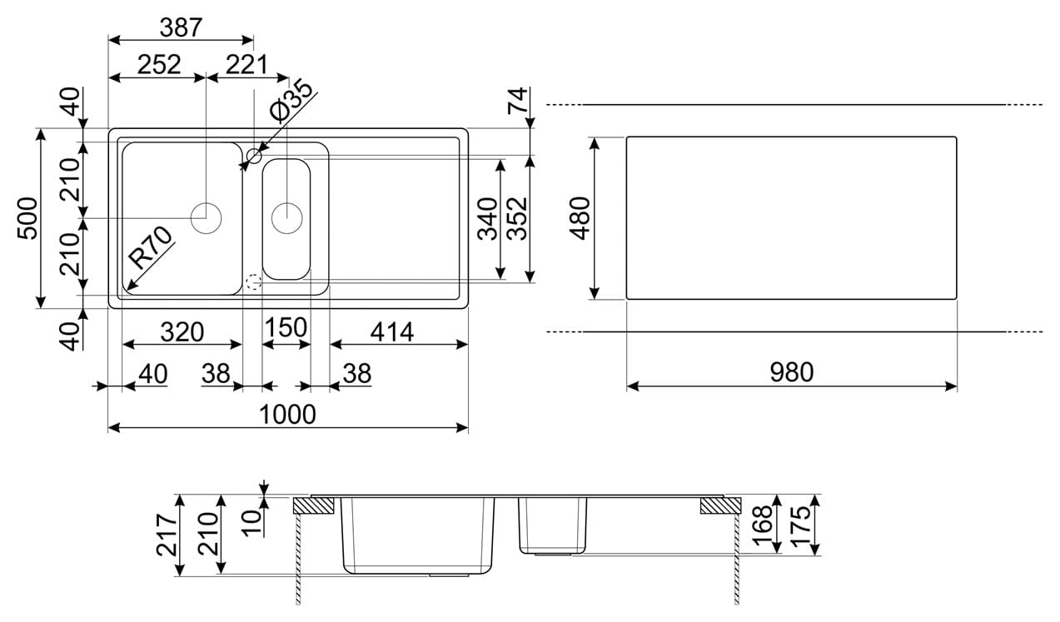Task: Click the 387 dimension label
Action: coord(181,27)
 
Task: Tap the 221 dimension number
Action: coord(246,64)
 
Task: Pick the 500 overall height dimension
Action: coord(28,218)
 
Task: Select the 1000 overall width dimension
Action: coord(288,414)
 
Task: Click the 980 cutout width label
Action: coord(790,372)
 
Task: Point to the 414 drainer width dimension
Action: coord(391,331)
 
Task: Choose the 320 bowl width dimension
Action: coord(182,331)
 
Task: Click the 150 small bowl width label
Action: coord(286,328)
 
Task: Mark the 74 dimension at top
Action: coord(518,102)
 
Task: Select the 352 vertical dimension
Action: coord(518,218)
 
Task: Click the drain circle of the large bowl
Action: coord(206,218)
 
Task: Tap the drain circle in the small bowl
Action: coord(286,217)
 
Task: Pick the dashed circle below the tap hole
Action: coord(254,281)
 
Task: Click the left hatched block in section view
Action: coord(313,505)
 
